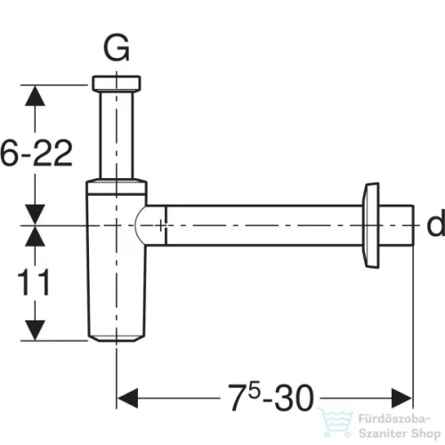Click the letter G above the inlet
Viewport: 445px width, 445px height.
(117, 47)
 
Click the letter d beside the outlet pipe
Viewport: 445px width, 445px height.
(435, 222)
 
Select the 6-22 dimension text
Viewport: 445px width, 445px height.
(36, 153)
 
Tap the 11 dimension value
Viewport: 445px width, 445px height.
(34, 283)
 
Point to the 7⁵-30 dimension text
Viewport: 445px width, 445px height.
(271, 397)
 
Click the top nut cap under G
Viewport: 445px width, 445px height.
(117, 83)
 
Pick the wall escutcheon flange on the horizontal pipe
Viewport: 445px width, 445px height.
(371, 225)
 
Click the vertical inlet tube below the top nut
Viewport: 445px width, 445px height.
(117, 134)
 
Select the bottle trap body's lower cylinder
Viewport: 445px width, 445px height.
(117, 267)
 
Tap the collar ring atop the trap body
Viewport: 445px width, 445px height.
(117, 186)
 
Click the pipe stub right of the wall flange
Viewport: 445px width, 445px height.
(396, 225)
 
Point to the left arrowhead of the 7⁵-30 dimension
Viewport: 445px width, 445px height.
(127, 398)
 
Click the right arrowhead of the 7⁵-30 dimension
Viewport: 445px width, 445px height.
(401, 398)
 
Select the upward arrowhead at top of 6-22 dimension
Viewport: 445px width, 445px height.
(35, 95)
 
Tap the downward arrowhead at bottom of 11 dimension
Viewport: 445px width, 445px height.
(35, 330)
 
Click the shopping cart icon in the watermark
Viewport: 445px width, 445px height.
(336, 423)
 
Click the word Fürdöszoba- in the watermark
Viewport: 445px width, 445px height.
(394, 419)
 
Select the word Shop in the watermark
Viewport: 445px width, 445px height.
(426, 434)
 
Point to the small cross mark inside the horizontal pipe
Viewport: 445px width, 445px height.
(161, 225)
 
